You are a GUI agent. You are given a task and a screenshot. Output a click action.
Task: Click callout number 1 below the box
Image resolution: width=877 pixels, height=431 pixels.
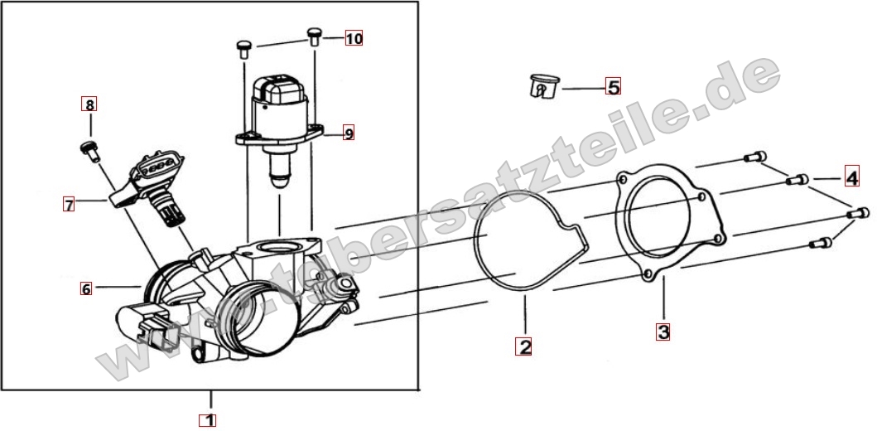point(208,419)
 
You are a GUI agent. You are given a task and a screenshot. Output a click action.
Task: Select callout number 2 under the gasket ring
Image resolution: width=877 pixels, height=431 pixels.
point(523,346)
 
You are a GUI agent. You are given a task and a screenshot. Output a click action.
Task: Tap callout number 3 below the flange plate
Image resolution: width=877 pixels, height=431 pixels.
point(663,332)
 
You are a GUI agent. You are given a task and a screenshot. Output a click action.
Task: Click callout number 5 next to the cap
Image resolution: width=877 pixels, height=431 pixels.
point(613,87)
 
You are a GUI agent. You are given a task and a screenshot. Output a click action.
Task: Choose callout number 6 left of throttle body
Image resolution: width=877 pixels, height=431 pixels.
point(85,288)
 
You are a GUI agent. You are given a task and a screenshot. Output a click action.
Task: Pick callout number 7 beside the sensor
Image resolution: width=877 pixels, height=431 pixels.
point(68,205)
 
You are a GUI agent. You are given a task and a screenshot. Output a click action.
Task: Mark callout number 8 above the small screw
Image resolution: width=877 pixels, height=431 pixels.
point(89,104)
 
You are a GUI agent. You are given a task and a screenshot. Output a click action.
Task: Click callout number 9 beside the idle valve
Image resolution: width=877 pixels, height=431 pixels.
point(349,133)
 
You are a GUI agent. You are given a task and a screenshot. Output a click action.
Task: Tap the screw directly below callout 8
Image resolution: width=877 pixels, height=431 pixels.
point(90,151)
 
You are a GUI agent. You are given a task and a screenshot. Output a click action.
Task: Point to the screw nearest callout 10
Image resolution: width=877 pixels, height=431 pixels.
point(315,36)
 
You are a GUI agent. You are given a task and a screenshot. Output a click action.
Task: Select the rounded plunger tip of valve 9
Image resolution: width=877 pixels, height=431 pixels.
point(278,180)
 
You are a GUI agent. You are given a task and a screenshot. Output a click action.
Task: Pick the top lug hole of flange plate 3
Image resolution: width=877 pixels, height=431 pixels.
point(621,179)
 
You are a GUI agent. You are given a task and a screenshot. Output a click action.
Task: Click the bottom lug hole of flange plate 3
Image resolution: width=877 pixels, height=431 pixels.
point(647,274)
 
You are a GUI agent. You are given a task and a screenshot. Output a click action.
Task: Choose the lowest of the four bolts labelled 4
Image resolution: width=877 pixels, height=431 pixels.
point(821,243)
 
